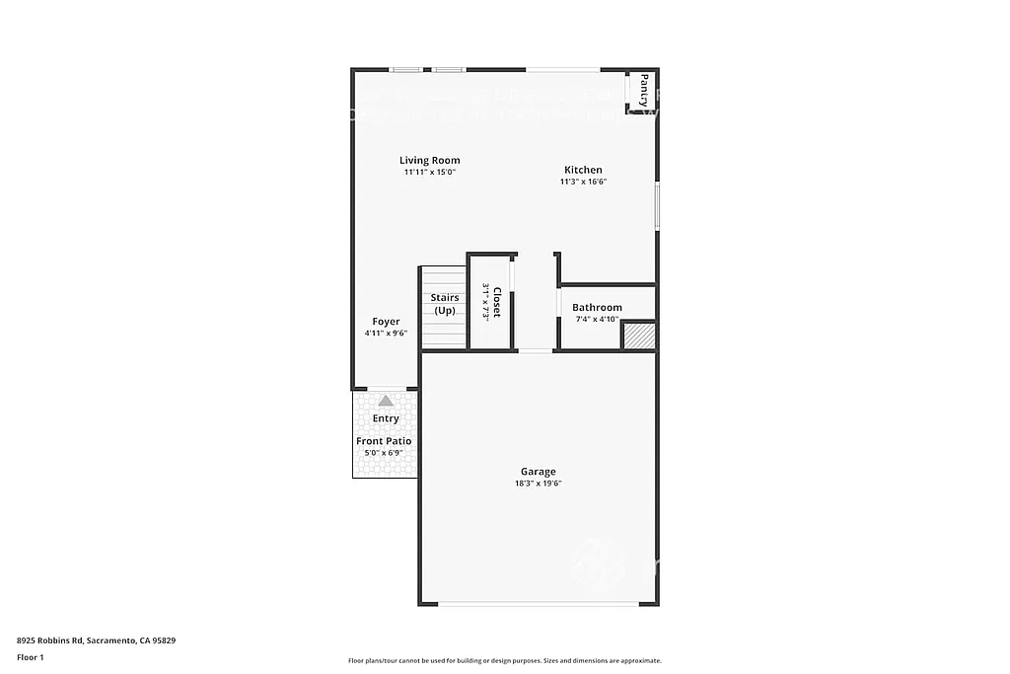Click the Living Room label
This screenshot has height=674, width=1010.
(x=429, y=160)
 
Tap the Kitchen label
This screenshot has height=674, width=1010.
(x=583, y=170)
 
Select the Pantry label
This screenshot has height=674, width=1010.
(x=643, y=90)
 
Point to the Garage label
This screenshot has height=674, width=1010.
(x=539, y=472)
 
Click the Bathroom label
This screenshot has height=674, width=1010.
(x=597, y=307)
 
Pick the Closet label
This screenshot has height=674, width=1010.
(x=497, y=301)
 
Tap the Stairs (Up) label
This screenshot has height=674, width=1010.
(x=445, y=304)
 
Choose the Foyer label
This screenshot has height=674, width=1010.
(x=386, y=322)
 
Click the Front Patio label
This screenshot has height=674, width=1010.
(x=384, y=441)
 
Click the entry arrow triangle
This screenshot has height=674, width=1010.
(x=385, y=401)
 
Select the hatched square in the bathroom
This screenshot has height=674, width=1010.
(x=639, y=336)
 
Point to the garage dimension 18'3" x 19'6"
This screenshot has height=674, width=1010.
(x=539, y=484)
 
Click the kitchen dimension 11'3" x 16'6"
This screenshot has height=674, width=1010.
(x=583, y=182)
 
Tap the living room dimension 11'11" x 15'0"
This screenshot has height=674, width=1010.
(x=429, y=172)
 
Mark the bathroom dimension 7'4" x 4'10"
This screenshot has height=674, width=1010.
(x=596, y=319)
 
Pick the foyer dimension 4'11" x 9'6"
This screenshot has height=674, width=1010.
(x=385, y=334)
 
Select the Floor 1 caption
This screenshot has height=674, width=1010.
(x=31, y=656)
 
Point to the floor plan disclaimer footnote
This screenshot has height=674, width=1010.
(x=504, y=661)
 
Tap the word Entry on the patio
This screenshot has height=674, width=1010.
(x=386, y=419)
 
